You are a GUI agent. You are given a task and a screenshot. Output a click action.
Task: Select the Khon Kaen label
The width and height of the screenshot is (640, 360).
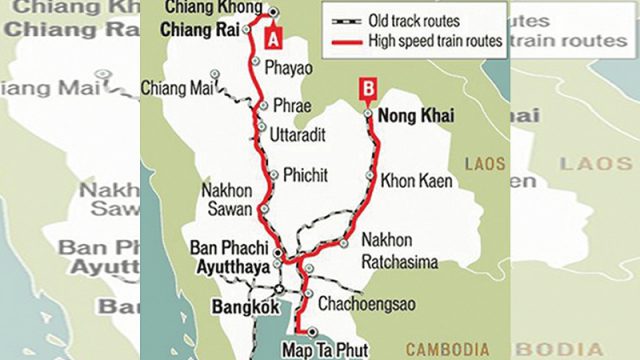click(x=417, y=181)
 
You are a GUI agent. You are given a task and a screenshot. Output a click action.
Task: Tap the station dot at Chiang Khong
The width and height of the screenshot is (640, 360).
click(x=272, y=12)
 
